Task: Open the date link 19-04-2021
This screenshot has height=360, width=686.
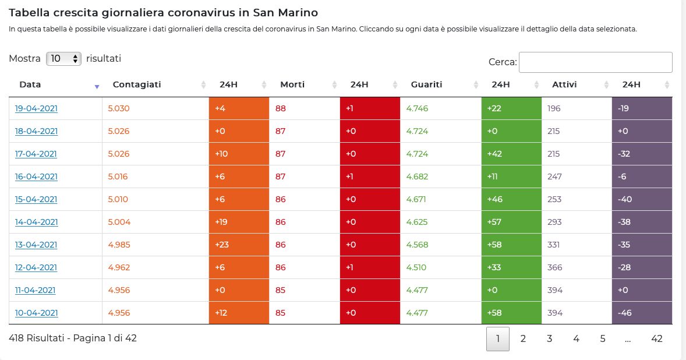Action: tap(36, 108)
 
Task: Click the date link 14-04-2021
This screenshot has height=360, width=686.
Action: tap(36, 222)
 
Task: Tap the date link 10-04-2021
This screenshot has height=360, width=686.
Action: tap(36, 313)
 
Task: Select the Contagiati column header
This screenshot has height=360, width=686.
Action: tap(137, 84)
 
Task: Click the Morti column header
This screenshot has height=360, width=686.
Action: tap(292, 84)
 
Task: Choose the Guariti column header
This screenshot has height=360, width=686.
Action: tap(426, 84)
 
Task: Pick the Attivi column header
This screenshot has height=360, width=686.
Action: tap(564, 84)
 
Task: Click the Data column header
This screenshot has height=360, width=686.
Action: tap(30, 84)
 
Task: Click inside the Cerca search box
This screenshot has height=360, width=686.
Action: tap(595, 62)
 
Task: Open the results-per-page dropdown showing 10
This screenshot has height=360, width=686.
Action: tap(63, 59)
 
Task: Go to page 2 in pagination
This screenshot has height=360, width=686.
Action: tap(523, 338)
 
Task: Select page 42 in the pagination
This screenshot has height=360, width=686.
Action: tap(657, 338)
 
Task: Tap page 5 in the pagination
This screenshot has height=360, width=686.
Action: tap(603, 338)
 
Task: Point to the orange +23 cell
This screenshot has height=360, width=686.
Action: tap(239, 245)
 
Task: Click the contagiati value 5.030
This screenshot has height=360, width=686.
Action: tap(119, 108)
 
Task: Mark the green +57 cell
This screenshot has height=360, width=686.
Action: tap(511, 222)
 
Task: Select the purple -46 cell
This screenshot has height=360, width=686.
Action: tap(642, 313)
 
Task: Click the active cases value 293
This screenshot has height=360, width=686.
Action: tap(554, 222)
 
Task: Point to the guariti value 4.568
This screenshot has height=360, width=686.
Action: tap(417, 245)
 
